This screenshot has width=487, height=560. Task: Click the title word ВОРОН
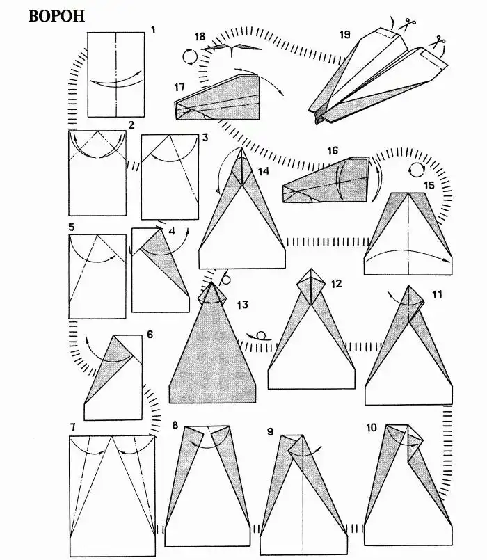[56, 16]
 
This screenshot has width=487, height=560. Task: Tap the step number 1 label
[153, 30]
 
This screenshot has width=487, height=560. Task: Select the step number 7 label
[72, 427]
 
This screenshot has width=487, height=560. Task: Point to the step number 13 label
[242, 305]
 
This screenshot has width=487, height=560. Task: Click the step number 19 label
[345, 35]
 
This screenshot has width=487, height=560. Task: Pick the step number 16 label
[333, 151]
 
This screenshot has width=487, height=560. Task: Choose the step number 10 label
[372, 428]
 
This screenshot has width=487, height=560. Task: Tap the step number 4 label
[172, 231]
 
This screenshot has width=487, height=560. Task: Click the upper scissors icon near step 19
[407, 24]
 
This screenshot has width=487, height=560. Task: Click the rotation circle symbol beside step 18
[190, 56]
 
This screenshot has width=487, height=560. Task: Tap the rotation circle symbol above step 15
[416, 169]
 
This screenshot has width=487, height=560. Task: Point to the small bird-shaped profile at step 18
[232, 49]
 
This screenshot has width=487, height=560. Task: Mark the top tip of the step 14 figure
[241, 147]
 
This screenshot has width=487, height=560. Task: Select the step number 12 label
[336, 284]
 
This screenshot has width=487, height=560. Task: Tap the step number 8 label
[175, 425]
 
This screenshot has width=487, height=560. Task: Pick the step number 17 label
[179, 87]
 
